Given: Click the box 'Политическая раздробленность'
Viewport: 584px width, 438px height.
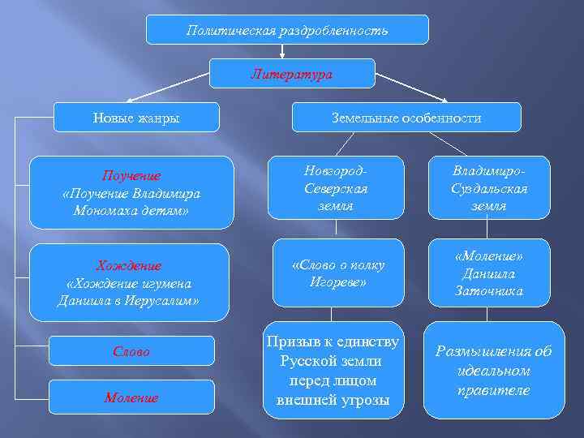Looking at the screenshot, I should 287,30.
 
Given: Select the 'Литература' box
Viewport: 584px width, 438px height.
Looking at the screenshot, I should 292,74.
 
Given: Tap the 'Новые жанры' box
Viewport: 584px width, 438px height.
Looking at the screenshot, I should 136,118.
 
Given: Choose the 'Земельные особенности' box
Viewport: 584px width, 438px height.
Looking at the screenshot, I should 406,118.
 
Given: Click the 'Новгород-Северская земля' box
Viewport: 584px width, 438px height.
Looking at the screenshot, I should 338,188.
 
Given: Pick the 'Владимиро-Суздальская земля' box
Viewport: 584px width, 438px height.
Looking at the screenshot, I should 489,188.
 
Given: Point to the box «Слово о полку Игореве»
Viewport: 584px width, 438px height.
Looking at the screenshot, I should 338,273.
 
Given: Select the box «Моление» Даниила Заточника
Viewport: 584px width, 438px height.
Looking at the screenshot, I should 489,273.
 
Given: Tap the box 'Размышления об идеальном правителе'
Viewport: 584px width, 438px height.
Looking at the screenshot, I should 494,371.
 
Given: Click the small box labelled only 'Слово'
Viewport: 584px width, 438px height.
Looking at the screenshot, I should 131,352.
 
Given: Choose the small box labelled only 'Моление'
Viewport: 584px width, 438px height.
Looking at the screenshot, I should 131,397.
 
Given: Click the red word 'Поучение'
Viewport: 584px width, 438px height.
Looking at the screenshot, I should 131,176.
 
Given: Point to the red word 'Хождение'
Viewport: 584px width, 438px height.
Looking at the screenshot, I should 129,266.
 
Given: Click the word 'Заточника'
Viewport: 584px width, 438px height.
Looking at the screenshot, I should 489,290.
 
